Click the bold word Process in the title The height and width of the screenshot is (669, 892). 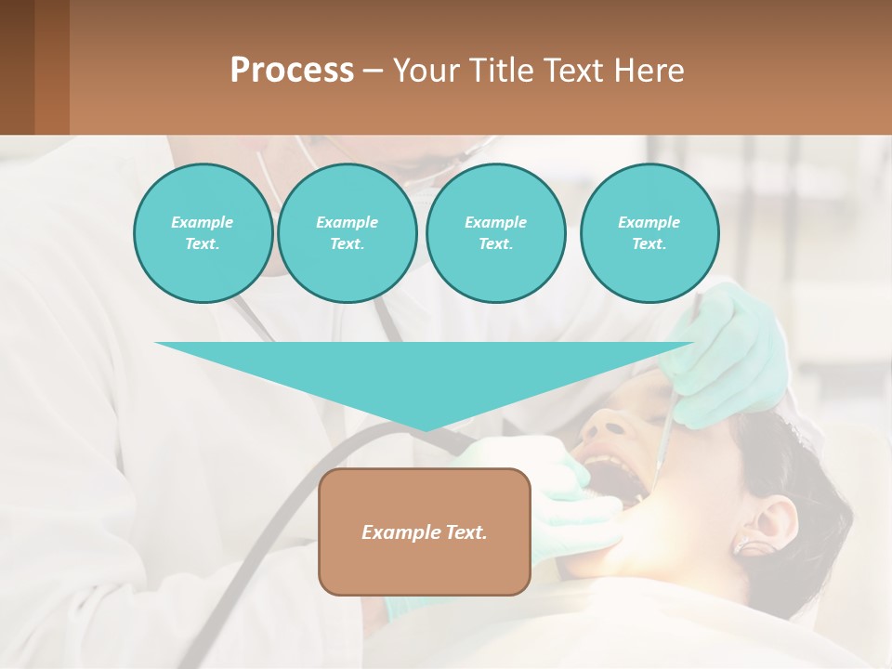pos(292,70)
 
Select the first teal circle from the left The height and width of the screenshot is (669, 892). pos(203,233)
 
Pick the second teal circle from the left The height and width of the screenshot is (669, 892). pos(347,233)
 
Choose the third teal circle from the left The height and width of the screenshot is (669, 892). pos(495,233)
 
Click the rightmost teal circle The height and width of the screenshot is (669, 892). pos(649,233)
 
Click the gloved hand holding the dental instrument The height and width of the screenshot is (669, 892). pos(734,353)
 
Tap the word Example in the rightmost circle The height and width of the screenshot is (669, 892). pos(649,222)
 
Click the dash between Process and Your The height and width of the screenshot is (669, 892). pos(374,70)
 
